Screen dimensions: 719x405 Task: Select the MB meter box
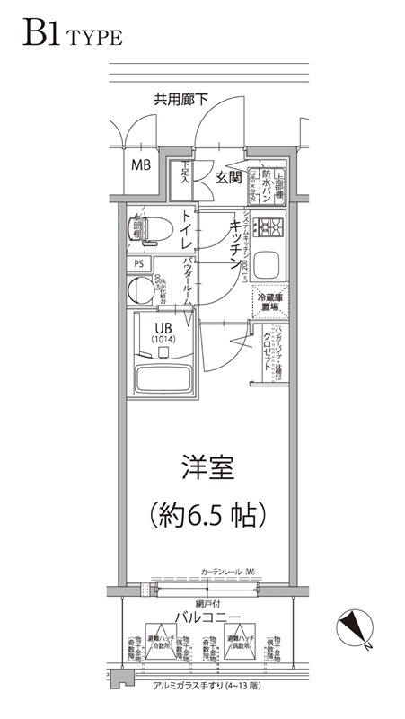(142, 165)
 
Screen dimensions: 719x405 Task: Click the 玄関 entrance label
(228, 177)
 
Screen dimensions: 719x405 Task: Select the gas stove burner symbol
(269, 226)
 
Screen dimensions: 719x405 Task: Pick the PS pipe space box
(139, 264)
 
